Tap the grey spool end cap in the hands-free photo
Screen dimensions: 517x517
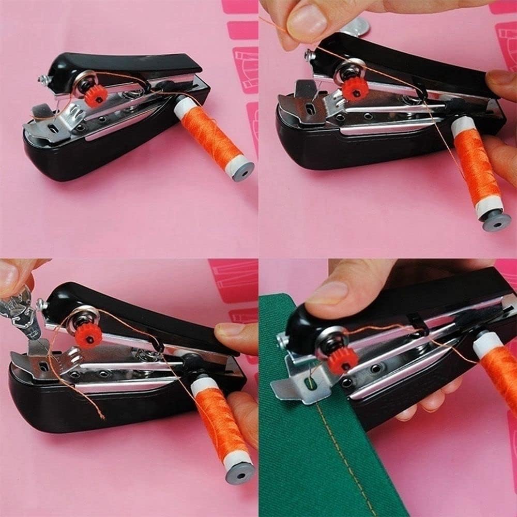[x=243, y=171]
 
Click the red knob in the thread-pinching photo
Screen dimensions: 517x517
[x=355, y=89]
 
